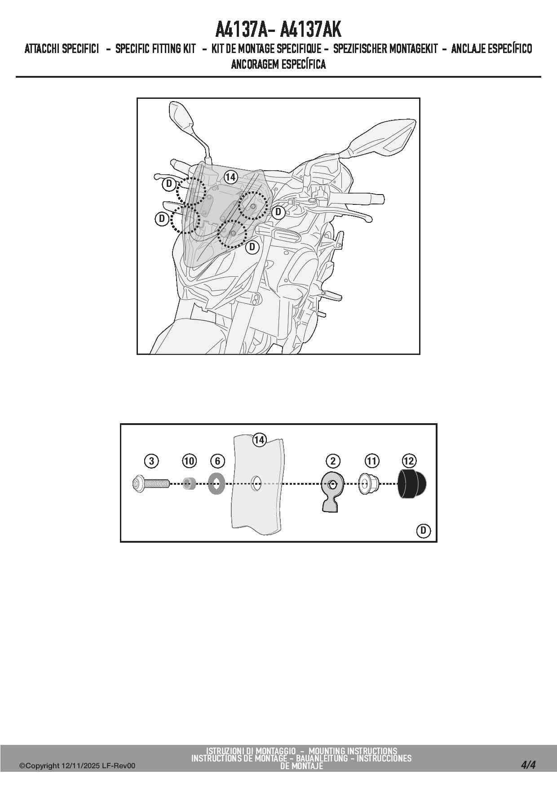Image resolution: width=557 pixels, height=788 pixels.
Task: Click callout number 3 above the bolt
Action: [x=152, y=461]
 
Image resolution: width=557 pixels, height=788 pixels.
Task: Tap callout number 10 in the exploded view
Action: [x=189, y=461]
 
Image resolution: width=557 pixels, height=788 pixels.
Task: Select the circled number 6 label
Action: [x=217, y=461]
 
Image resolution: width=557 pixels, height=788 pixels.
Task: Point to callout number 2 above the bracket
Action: [x=333, y=461]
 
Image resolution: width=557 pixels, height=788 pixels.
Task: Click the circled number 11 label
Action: [x=372, y=461]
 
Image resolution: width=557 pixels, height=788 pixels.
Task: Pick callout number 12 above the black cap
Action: [x=409, y=461]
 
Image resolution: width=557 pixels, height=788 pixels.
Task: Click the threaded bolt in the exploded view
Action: [x=151, y=484]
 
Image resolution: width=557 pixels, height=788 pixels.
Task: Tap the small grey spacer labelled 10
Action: [x=189, y=484]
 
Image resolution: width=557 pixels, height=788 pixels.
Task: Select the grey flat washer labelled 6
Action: [x=217, y=484]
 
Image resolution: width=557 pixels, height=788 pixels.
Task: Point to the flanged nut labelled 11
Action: [x=369, y=484]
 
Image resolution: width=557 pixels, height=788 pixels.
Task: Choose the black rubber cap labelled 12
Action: [x=412, y=484]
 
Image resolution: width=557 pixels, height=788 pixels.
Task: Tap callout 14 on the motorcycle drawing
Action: [x=230, y=177]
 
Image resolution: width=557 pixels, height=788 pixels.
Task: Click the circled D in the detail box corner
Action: [x=423, y=531]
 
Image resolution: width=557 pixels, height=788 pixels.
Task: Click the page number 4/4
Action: [x=529, y=765]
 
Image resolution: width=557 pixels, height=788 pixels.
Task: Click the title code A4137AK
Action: [x=310, y=30]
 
